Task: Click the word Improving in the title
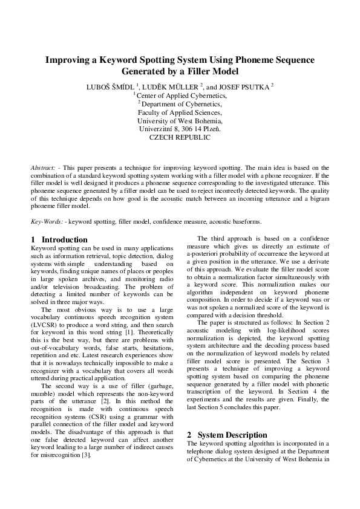pyautogui.click(x=69, y=60)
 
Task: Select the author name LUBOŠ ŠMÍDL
pyautogui.click(x=111, y=86)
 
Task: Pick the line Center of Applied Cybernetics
pyautogui.click(x=182, y=96)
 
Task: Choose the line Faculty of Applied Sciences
pyautogui.click(x=180, y=112)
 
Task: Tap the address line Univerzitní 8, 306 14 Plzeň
pyautogui.click(x=180, y=129)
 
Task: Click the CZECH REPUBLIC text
pyautogui.click(x=180, y=138)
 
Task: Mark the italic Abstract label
pyautogui.click(x=43, y=167)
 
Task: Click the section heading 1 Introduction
pyautogui.click(x=59, y=239)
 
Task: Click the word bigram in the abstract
pyautogui.click(x=319, y=197)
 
